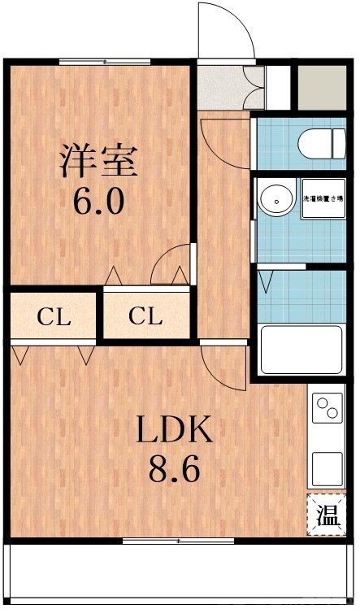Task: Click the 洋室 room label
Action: [98, 159]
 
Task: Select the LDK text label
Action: [173, 430]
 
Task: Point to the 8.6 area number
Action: [173, 469]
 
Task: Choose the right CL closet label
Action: [147, 316]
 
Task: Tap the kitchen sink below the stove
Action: [328, 467]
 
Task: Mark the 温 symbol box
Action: [327, 515]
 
